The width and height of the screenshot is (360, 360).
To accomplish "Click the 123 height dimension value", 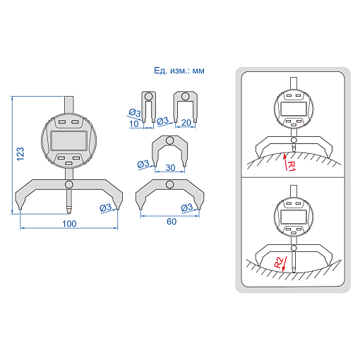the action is tap(20, 154).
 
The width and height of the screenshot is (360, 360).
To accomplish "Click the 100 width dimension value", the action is tap(69, 224).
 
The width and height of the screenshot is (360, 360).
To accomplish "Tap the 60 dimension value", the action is tap(172, 222).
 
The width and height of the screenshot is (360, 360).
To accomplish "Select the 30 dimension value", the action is tap(170, 168).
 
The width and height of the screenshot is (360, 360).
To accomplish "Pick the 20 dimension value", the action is tap(186, 123).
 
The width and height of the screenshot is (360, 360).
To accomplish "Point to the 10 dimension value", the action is tap(134, 124).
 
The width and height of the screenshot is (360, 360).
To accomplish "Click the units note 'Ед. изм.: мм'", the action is tap(179, 71).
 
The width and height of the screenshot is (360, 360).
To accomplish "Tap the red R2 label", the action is tap(279, 263).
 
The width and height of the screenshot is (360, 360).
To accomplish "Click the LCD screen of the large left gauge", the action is tap(69, 141).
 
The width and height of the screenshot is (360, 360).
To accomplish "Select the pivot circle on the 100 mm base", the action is tap(69, 184).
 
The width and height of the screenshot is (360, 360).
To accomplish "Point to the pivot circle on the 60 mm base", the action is tap(169, 184).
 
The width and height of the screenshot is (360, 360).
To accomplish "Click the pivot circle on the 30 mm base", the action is tap(169, 140).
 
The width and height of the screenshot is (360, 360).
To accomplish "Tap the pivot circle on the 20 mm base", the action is tap(186, 97).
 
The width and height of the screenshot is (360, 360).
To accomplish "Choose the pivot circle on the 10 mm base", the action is tap(148, 97).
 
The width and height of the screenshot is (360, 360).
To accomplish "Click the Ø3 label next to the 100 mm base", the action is tap(105, 208).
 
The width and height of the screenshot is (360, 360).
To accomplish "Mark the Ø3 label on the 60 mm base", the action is tap(187, 208).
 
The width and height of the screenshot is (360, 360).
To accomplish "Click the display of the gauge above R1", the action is tap(294, 109).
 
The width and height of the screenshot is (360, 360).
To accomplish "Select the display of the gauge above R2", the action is tap(294, 217).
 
